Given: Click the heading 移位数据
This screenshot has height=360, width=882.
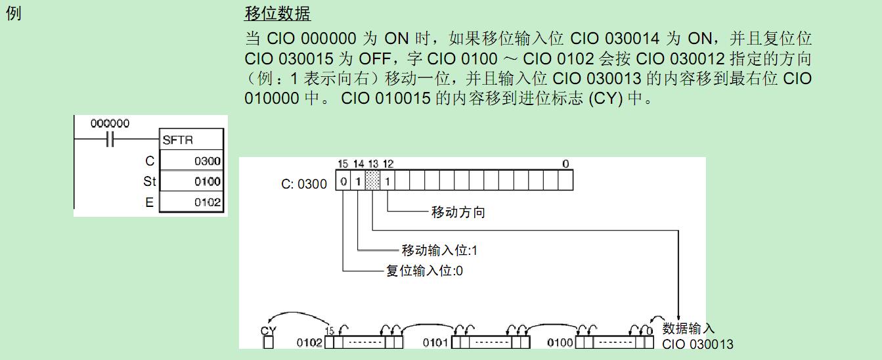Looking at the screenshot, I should pyautogui.click(x=277, y=14).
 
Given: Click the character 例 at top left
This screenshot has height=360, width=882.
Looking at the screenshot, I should pyautogui.click(x=13, y=14).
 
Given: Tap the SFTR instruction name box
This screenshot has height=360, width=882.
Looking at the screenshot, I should pyautogui.click(x=192, y=140).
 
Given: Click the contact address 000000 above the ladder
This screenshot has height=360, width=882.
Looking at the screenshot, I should pyautogui.click(x=110, y=124).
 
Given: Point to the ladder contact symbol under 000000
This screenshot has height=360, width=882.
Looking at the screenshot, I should pyautogui.click(x=110, y=140).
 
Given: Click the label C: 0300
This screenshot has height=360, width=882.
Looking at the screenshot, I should pyautogui.click(x=303, y=184).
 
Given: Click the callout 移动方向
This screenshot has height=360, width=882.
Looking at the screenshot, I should pyautogui.click(x=458, y=212).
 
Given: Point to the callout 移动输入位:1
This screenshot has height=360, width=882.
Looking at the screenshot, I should pyautogui.click(x=439, y=250).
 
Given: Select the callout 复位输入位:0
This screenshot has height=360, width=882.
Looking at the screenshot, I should pyautogui.click(x=424, y=271).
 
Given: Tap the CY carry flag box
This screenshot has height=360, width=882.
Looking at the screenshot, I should pyautogui.click(x=268, y=342).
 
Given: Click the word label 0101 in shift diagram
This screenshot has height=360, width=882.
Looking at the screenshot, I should pyautogui.click(x=435, y=342).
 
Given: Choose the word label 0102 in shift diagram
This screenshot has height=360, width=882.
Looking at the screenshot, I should pyautogui.click(x=309, y=342).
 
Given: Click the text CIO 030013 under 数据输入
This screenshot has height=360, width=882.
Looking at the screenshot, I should pyautogui.click(x=697, y=344).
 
